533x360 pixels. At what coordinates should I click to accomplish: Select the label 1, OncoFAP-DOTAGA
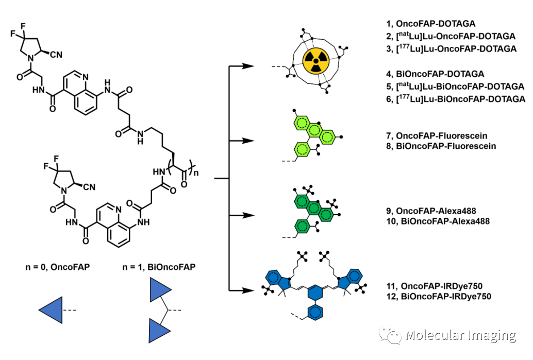click(433, 23)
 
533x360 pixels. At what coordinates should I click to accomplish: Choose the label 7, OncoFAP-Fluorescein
click(441, 136)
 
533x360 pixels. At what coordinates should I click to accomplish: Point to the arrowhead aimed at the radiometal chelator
click(248, 66)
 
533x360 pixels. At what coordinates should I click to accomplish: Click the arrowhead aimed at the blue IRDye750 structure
click(248, 291)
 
